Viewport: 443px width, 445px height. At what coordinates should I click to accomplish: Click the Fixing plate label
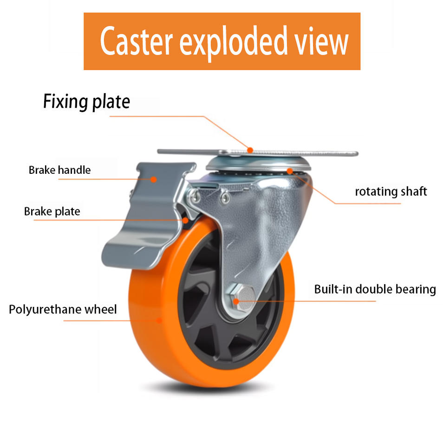tap(86, 102)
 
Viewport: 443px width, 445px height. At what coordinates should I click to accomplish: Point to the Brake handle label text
tap(59, 170)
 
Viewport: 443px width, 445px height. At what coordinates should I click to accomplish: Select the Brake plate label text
tap(52, 212)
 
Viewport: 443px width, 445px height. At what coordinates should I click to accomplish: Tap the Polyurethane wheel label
tap(63, 309)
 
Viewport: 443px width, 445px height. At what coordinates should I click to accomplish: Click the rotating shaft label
tap(391, 191)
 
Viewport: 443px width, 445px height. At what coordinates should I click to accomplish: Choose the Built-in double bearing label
tap(375, 290)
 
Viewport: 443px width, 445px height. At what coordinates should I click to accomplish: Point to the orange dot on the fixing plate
tap(250, 150)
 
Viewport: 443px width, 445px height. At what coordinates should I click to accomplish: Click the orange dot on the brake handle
tap(153, 178)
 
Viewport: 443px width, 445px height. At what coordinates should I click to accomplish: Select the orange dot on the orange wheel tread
tap(160, 319)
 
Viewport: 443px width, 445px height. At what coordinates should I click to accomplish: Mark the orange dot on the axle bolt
tap(236, 301)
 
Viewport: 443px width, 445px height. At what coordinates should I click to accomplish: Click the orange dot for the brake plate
tap(186, 220)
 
